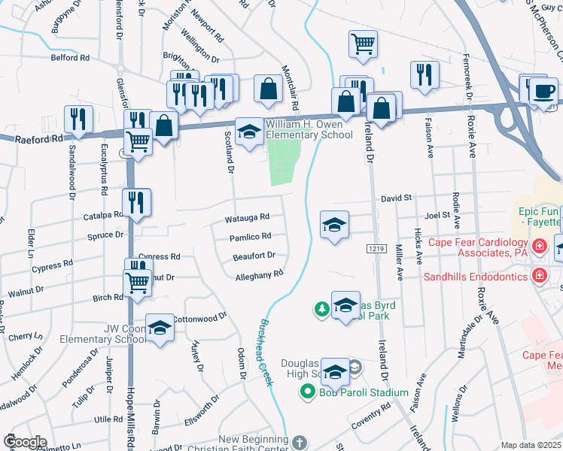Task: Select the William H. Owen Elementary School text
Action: [x=307, y=129]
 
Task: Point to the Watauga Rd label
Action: [x=247, y=218]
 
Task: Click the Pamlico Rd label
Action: [x=251, y=237]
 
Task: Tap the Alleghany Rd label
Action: [x=258, y=274]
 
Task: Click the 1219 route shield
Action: [x=376, y=248]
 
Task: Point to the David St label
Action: [x=397, y=198]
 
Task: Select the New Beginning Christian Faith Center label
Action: [x=253, y=444]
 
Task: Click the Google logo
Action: [x=24, y=442]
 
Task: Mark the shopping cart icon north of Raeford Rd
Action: [x=363, y=43]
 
